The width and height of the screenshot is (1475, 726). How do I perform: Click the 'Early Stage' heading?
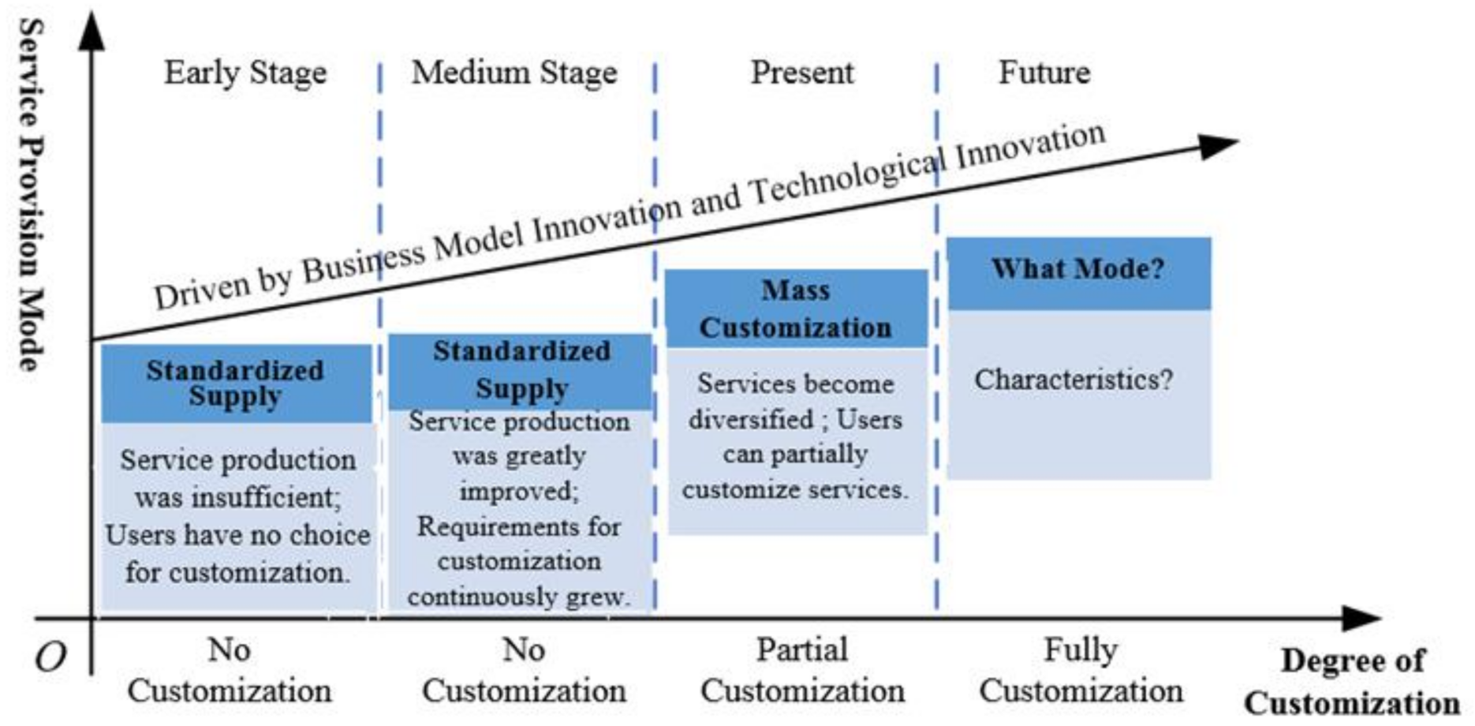coord(245,73)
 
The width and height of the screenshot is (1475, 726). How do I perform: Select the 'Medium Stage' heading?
coord(514,73)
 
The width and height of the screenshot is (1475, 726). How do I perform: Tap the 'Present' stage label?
coord(801,73)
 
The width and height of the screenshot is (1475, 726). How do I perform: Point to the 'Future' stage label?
coord(1044,73)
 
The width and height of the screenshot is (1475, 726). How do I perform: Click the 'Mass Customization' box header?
coord(796,309)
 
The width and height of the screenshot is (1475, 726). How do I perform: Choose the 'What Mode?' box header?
coord(1077,269)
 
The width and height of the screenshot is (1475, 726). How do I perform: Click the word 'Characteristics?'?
coord(1074,380)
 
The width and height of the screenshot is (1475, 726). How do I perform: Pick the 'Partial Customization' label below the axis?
coord(802,670)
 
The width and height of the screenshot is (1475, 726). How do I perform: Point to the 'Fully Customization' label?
coord(1081,670)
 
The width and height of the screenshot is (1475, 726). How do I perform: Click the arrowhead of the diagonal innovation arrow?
coord(1219,144)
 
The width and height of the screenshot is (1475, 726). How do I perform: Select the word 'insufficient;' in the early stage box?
coord(237,498)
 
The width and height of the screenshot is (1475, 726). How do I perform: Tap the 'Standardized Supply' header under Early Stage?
coord(235,383)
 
